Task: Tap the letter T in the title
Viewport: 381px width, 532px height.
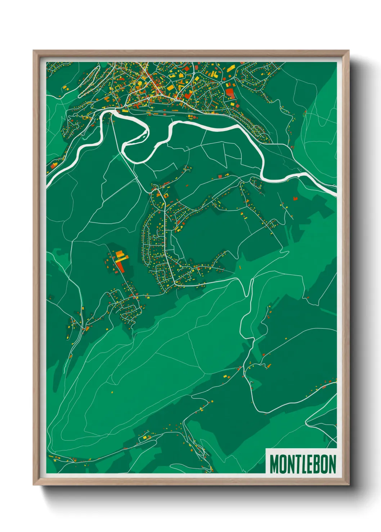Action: (x=297, y=464)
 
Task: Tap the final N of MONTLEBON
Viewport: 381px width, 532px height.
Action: (x=332, y=464)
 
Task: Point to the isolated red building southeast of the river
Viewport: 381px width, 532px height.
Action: (x=295, y=198)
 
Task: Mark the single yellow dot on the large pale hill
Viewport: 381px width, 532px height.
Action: (x=112, y=392)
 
